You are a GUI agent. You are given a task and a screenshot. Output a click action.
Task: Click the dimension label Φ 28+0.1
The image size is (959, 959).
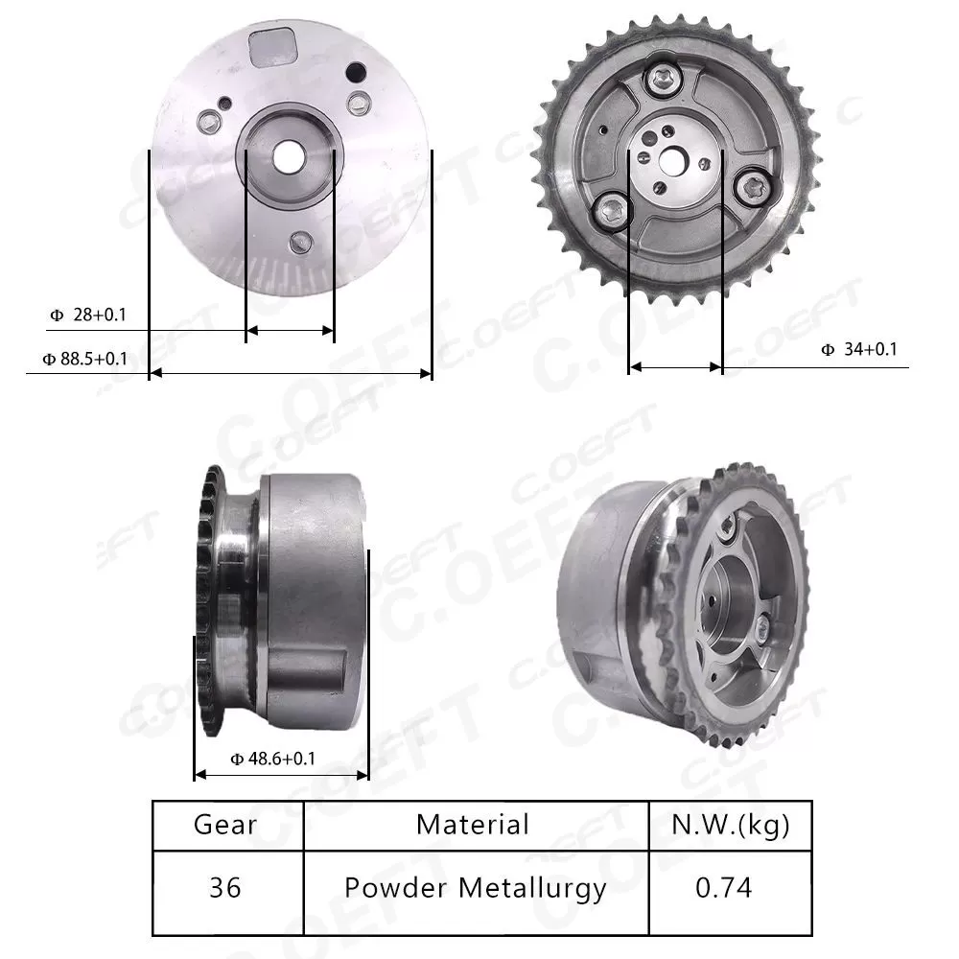pyautogui.click(x=88, y=315)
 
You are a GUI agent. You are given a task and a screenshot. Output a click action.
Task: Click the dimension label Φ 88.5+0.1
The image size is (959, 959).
pyautogui.click(x=84, y=359)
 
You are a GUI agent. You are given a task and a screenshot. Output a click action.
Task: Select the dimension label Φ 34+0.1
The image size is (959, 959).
pyautogui.click(x=858, y=350)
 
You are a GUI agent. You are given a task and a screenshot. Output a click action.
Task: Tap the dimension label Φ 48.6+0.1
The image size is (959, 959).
pyautogui.click(x=273, y=759)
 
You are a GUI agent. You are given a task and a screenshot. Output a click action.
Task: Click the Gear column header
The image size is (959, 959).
pyautogui.click(x=225, y=825)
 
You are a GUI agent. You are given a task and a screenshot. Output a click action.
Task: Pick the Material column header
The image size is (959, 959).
pyautogui.click(x=473, y=825)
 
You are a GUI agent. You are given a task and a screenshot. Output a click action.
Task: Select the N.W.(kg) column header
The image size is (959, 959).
pyautogui.click(x=731, y=825)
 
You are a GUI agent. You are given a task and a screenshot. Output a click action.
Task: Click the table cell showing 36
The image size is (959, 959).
pyautogui.click(x=225, y=888)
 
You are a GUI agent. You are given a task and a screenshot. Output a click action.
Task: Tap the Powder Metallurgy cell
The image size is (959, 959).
pyautogui.click(x=476, y=888)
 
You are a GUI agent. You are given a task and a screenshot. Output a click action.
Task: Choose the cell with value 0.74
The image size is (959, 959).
pyautogui.click(x=723, y=888)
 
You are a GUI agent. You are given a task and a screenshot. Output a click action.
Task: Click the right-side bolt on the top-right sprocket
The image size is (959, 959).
pyautogui.click(x=751, y=186)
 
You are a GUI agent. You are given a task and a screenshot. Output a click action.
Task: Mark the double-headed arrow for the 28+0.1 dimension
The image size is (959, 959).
pyautogui.click(x=290, y=331)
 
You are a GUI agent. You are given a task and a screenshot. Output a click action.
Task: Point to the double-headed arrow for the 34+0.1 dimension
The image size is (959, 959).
pyautogui.click(x=675, y=366)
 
